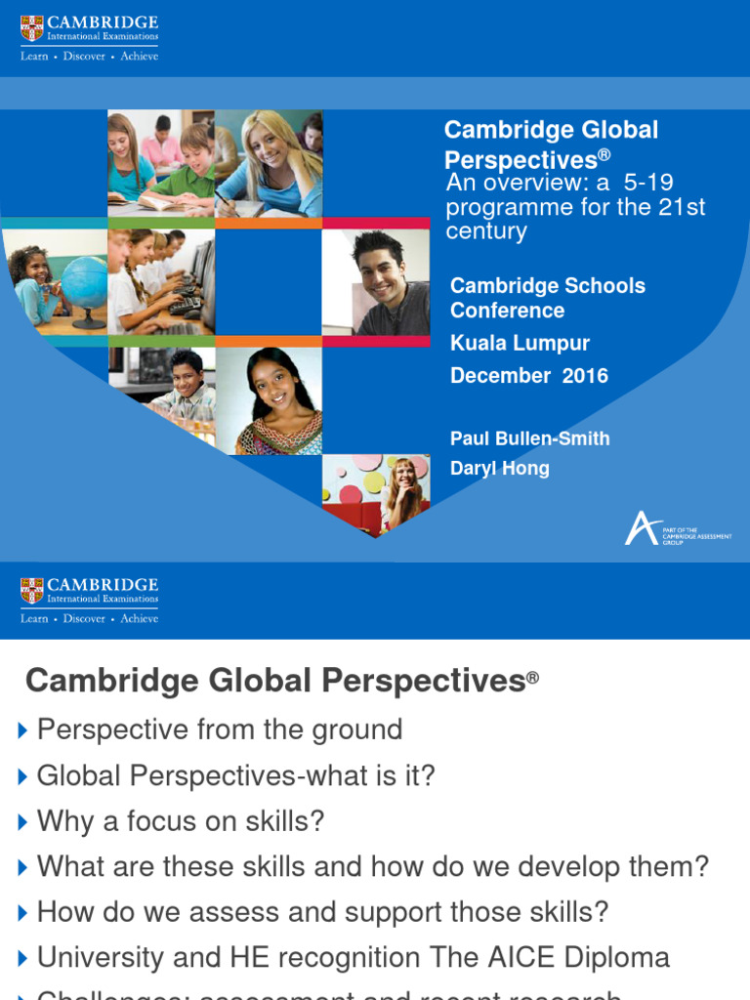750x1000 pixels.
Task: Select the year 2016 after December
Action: tap(585, 376)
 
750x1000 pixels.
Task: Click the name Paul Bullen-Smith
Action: tap(529, 438)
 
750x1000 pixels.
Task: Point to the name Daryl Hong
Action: tap(499, 468)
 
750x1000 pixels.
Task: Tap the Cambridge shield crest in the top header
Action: tap(32, 28)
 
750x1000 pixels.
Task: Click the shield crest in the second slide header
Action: tap(32, 591)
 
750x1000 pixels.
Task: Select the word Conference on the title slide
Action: tap(507, 311)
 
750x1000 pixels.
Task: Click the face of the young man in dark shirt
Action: tap(379, 271)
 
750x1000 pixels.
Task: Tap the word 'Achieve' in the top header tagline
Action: tap(139, 56)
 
